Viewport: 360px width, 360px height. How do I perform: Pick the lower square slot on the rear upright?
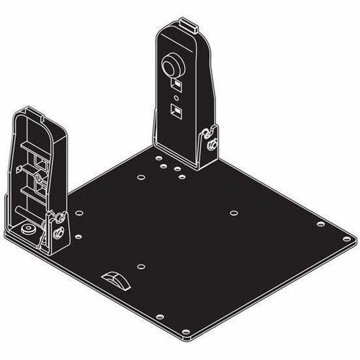pyautogui.click(x=175, y=110)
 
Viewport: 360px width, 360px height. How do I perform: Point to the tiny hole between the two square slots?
pyautogui.click(x=175, y=99)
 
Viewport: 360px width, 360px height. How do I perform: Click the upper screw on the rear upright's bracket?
pyautogui.click(x=207, y=132)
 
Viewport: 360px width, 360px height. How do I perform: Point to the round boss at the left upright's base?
pyautogui.click(x=27, y=229)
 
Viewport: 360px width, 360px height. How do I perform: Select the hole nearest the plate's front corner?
pyautogui.click(x=186, y=332)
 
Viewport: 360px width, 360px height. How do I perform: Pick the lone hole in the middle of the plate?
pyautogui.click(x=233, y=212)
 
